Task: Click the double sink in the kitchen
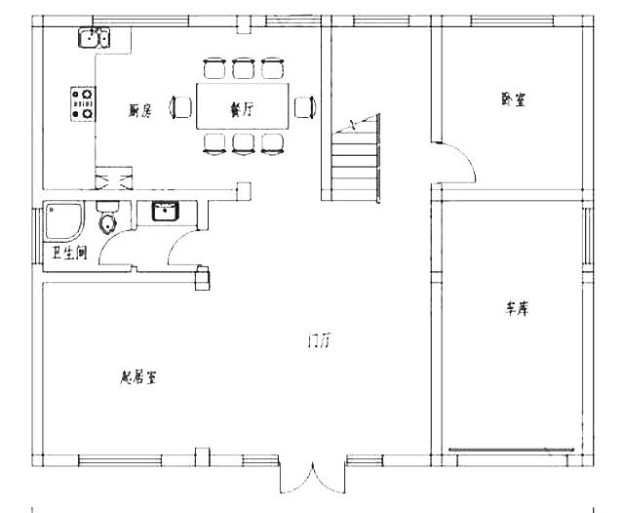[x=95, y=38]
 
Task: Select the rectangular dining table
[x=243, y=106]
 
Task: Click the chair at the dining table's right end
[x=304, y=106]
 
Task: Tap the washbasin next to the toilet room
[x=164, y=212]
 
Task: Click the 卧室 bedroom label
[x=513, y=99]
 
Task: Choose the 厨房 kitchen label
[x=139, y=111]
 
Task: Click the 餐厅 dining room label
[x=242, y=111]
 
